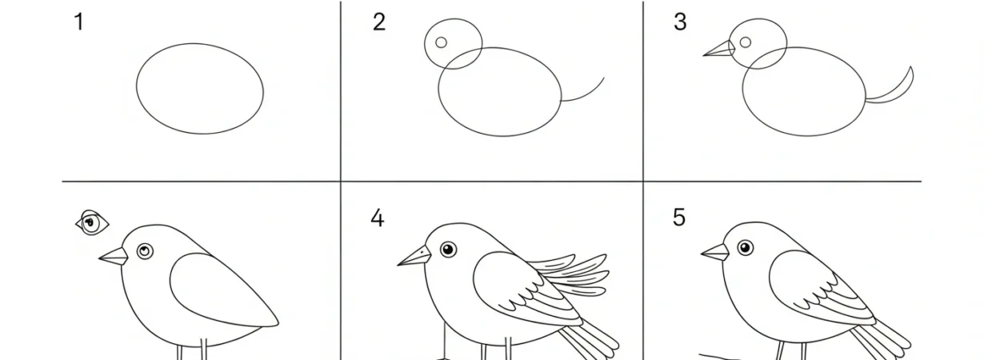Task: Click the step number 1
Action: [x=78, y=22]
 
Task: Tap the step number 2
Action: [x=378, y=22]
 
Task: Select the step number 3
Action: [x=680, y=22]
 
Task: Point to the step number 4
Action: [x=377, y=218]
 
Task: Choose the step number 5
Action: [x=678, y=218]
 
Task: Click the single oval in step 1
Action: [x=200, y=89]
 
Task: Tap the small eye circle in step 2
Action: [x=441, y=42]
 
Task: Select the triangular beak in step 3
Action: [x=721, y=50]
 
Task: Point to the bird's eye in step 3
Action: [x=745, y=42]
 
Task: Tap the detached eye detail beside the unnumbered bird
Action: [x=92, y=222]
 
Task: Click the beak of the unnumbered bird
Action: [x=114, y=256]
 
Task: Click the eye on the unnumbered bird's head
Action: [x=144, y=251]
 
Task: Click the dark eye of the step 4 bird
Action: [x=447, y=250]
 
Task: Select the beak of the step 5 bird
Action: [x=716, y=252]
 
